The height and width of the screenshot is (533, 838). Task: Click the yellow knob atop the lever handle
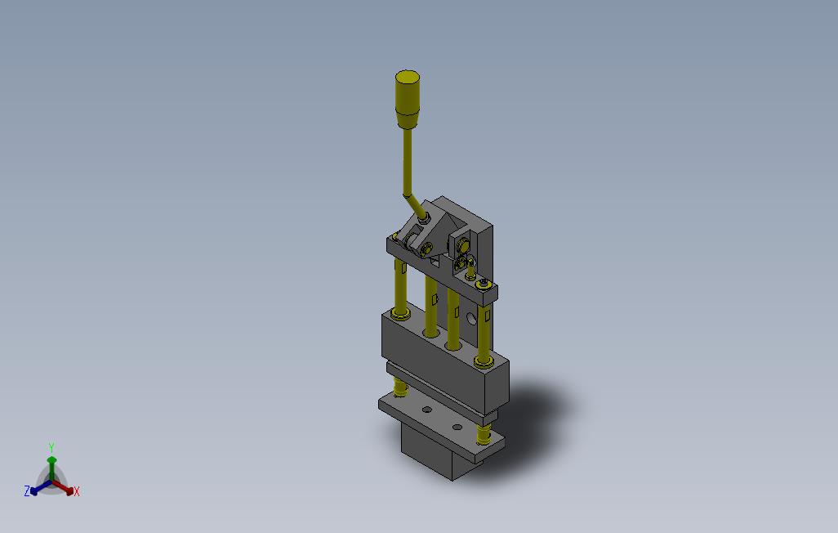coord(408,100)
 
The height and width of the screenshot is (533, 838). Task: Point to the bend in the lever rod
coord(408,195)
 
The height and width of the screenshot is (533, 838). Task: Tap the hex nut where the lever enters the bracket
coord(423,217)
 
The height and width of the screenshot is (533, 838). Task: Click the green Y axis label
coord(51,447)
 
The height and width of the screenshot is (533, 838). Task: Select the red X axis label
coord(77,491)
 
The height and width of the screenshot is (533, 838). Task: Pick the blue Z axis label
coord(27,490)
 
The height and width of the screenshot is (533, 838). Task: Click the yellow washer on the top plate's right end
coord(484,284)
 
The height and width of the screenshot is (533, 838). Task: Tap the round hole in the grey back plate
coord(471,319)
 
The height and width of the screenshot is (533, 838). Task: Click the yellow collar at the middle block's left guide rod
coord(399,313)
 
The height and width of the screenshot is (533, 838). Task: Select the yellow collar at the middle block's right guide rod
coord(484,362)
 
